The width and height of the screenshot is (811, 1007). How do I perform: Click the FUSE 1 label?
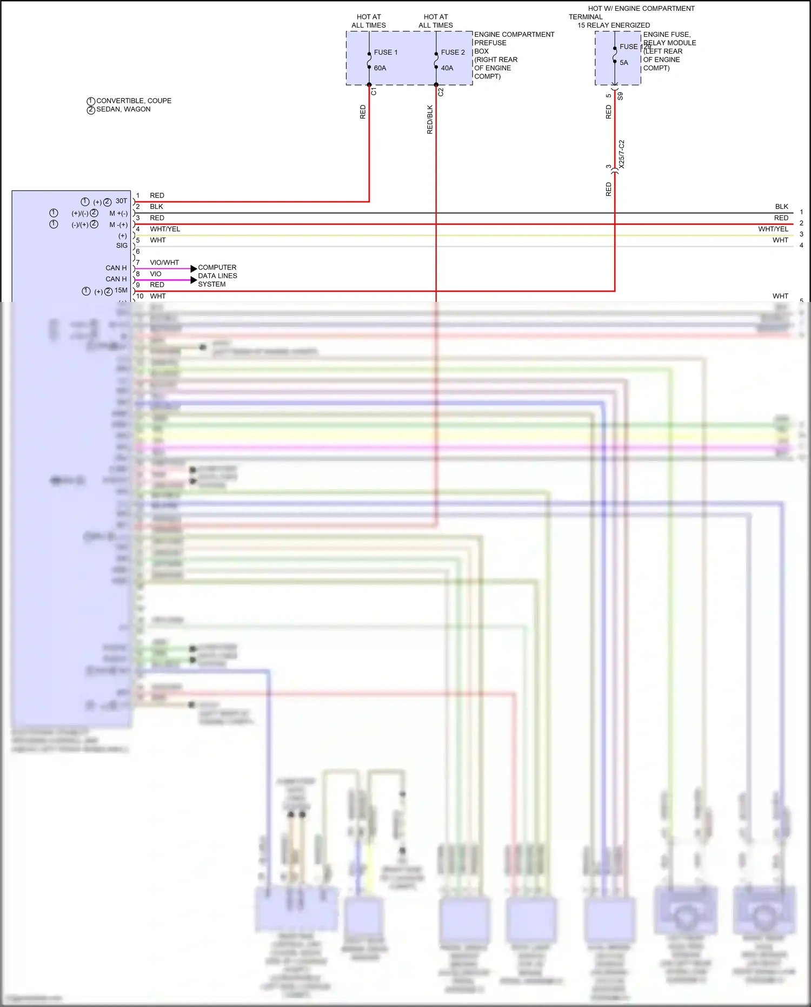tap(385, 52)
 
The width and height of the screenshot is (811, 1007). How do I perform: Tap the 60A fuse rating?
tap(380, 68)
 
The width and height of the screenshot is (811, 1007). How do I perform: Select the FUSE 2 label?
tap(453, 52)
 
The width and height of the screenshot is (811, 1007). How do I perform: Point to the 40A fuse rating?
tap(447, 68)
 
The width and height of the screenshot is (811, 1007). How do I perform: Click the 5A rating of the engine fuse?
tap(624, 63)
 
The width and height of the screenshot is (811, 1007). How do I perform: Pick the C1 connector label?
tap(374, 92)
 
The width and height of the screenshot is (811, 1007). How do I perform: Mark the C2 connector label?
tap(441, 92)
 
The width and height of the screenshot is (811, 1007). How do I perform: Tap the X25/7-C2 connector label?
tap(621, 154)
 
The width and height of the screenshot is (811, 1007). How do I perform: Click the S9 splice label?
tap(620, 96)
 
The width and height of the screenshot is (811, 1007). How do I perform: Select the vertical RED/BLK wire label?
tap(430, 120)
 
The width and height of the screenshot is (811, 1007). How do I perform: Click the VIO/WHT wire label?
tap(164, 262)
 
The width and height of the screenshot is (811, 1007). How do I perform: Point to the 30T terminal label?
tap(121, 201)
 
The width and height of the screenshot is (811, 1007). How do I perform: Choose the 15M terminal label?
tap(121, 291)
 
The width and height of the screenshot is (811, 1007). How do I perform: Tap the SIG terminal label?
tap(122, 246)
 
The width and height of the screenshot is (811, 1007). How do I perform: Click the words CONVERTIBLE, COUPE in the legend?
tap(134, 101)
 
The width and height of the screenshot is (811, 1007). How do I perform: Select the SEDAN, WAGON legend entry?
tap(123, 109)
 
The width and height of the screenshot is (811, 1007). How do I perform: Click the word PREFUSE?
tap(490, 43)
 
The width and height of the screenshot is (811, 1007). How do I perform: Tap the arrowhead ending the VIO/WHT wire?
tap(194, 268)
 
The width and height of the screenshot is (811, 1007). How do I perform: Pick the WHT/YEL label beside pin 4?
tap(165, 229)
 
